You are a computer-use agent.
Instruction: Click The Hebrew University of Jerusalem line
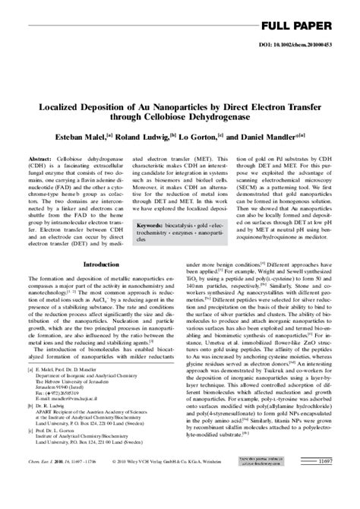(x=73, y=410)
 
